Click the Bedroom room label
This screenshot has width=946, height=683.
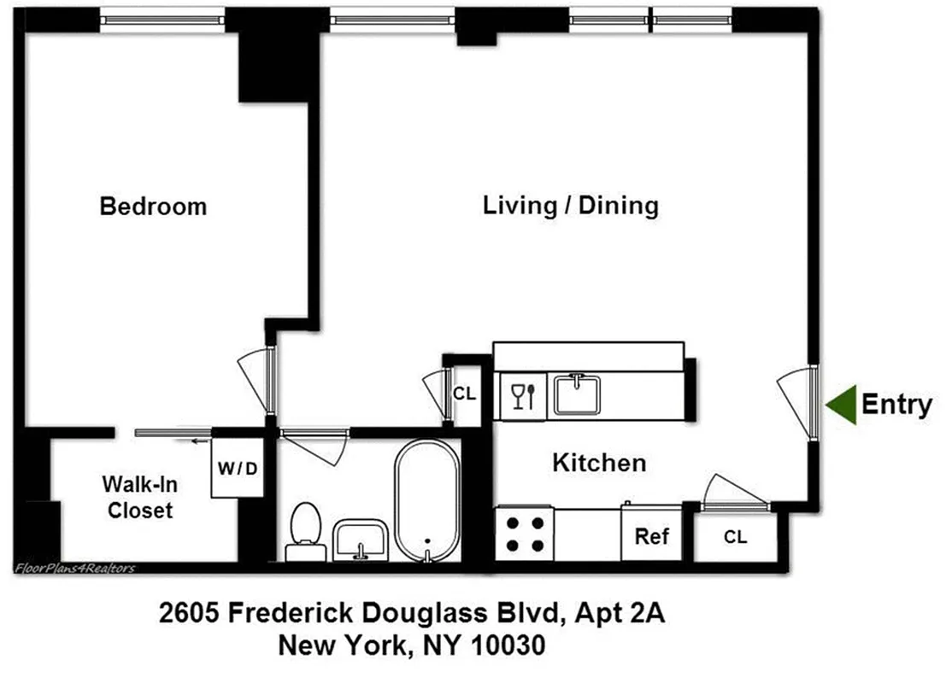pyautogui.click(x=153, y=207)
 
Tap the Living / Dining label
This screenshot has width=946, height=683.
pyautogui.click(x=571, y=206)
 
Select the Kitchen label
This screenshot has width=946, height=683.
pyautogui.click(x=599, y=463)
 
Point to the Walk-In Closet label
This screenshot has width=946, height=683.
pyautogui.click(x=139, y=498)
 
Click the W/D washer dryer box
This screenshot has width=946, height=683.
pyautogui.click(x=237, y=469)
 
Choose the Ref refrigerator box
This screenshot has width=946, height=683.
pyautogui.click(x=651, y=536)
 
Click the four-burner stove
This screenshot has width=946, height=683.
pyautogui.click(x=525, y=534)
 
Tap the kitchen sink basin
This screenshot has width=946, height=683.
pyautogui.click(x=578, y=395)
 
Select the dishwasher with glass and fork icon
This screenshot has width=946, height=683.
pyautogui.click(x=522, y=396)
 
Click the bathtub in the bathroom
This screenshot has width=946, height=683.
pyautogui.click(x=426, y=499)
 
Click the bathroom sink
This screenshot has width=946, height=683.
pyautogui.click(x=361, y=540)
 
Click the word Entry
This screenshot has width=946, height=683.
pyautogui.click(x=896, y=404)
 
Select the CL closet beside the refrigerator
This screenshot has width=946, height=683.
pyautogui.click(x=735, y=537)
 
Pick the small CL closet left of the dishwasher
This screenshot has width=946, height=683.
pyautogui.click(x=464, y=394)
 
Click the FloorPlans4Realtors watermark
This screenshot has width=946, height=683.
pyautogui.click(x=74, y=568)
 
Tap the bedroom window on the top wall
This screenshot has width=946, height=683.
pyautogui.click(x=162, y=17)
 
